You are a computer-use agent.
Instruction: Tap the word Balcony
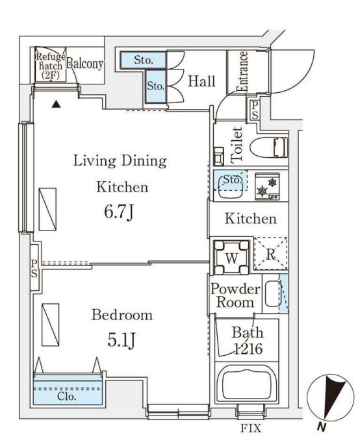84,64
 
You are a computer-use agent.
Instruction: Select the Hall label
201,81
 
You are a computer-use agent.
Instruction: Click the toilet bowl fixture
268,147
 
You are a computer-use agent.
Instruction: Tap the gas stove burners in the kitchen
268,186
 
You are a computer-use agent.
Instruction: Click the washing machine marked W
232,258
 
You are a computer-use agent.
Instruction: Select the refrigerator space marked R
270,253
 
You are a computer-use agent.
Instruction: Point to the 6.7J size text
119,212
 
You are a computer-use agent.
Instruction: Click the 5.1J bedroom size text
121,340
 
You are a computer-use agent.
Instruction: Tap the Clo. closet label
67,396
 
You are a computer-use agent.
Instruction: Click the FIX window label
251,428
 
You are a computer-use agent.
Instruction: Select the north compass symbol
330,397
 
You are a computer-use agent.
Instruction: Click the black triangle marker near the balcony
57,105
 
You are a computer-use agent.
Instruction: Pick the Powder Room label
235,295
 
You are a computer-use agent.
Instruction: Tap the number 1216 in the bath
248,349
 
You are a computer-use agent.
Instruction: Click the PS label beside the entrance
255,110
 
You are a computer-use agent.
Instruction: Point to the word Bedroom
122,316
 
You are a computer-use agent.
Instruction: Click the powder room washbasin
272,294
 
